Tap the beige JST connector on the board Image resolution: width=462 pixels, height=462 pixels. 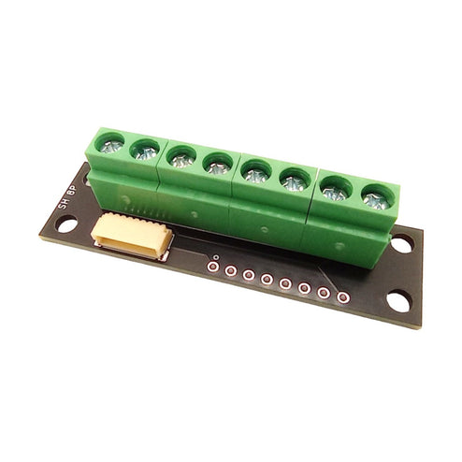click(x=132, y=234)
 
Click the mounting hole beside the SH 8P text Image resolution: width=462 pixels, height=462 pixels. click(x=66, y=224)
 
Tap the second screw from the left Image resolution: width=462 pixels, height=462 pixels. click(x=145, y=152)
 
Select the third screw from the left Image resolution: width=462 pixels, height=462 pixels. click(x=181, y=159)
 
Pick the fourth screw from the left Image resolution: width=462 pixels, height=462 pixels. click(x=217, y=167)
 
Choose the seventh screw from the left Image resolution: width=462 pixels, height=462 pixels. click(x=334, y=192)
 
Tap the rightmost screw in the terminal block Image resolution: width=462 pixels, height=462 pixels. click(x=373, y=199)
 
